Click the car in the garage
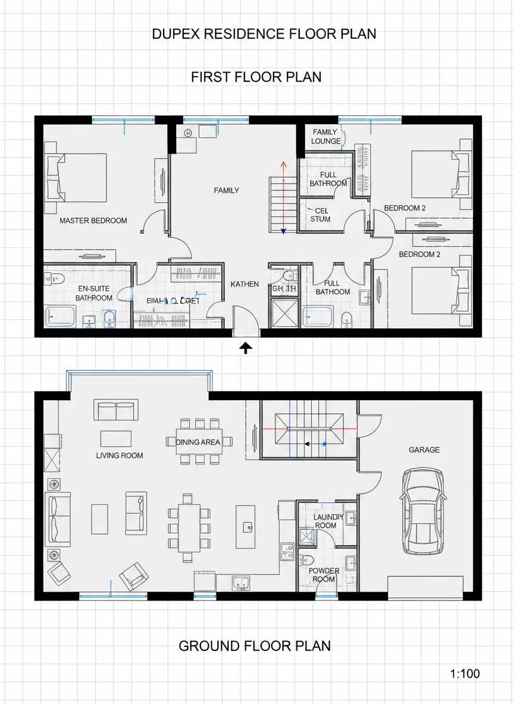pyautogui.click(x=423, y=511)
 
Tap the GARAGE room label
pyautogui.click(x=424, y=450)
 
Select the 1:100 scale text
pyautogui.click(x=465, y=674)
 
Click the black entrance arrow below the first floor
pyautogui.click(x=245, y=348)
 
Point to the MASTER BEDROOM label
pyautogui.click(x=93, y=221)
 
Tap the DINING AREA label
pyautogui.click(x=198, y=442)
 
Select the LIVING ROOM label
pyautogui.click(x=120, y=455)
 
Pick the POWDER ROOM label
pyautogui.click(x=324, y=575)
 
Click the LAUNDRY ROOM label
pyautogui.click(x=325, y=521)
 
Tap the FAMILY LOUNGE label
pyautogui.click(x=325, y=136)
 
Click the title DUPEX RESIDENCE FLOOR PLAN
pyautogui.click(x=264, y=34)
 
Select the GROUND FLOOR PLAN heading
pyautogui.click(x=255, y=646)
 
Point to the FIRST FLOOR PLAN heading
pyautogui.click(x=256, y=77)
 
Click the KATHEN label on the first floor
pyautogui.click(x=245, y=284)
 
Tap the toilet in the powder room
pyautogui.click(x=306, y=560)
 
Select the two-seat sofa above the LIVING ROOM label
pyautogui.click(x=116, y=410)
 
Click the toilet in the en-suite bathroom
pyautogui.click(x=52, y=278)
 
